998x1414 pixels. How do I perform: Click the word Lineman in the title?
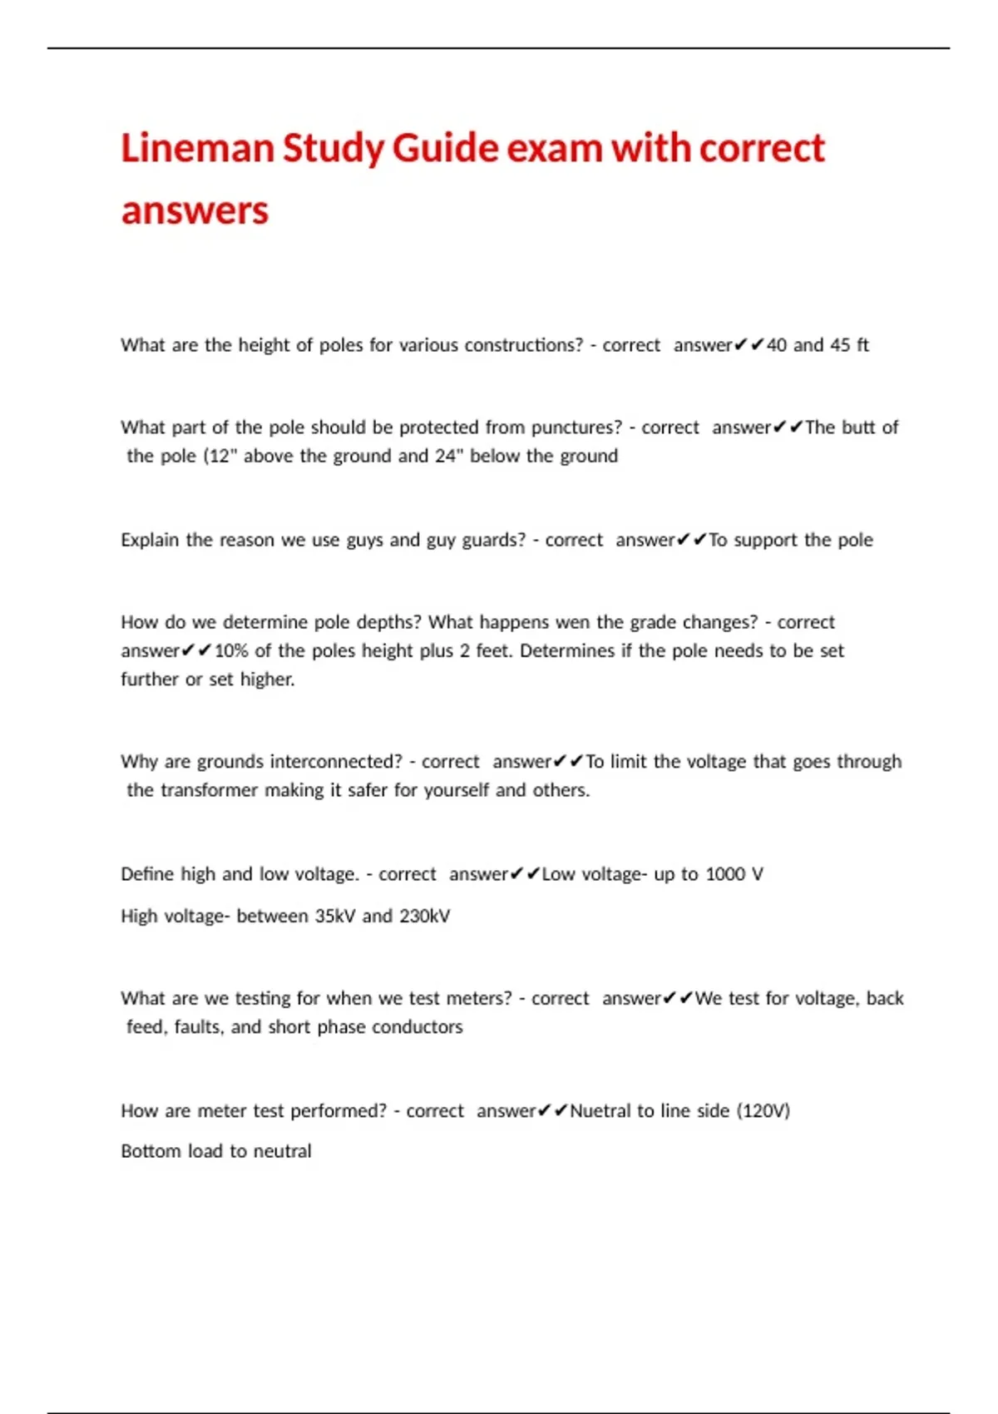tap(197, 148)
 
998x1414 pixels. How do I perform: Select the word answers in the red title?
tap(195, 210)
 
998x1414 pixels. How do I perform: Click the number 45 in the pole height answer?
tap(840, 344)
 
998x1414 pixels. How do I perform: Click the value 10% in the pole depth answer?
tap(231, 650)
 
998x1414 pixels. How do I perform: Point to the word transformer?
tap(209, 790)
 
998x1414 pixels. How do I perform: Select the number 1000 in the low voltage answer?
tap(724, 874)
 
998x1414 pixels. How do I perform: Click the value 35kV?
tap(334, 916)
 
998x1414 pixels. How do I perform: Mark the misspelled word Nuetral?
tap(600, 1111)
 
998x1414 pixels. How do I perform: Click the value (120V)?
tap(763, 1111)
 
